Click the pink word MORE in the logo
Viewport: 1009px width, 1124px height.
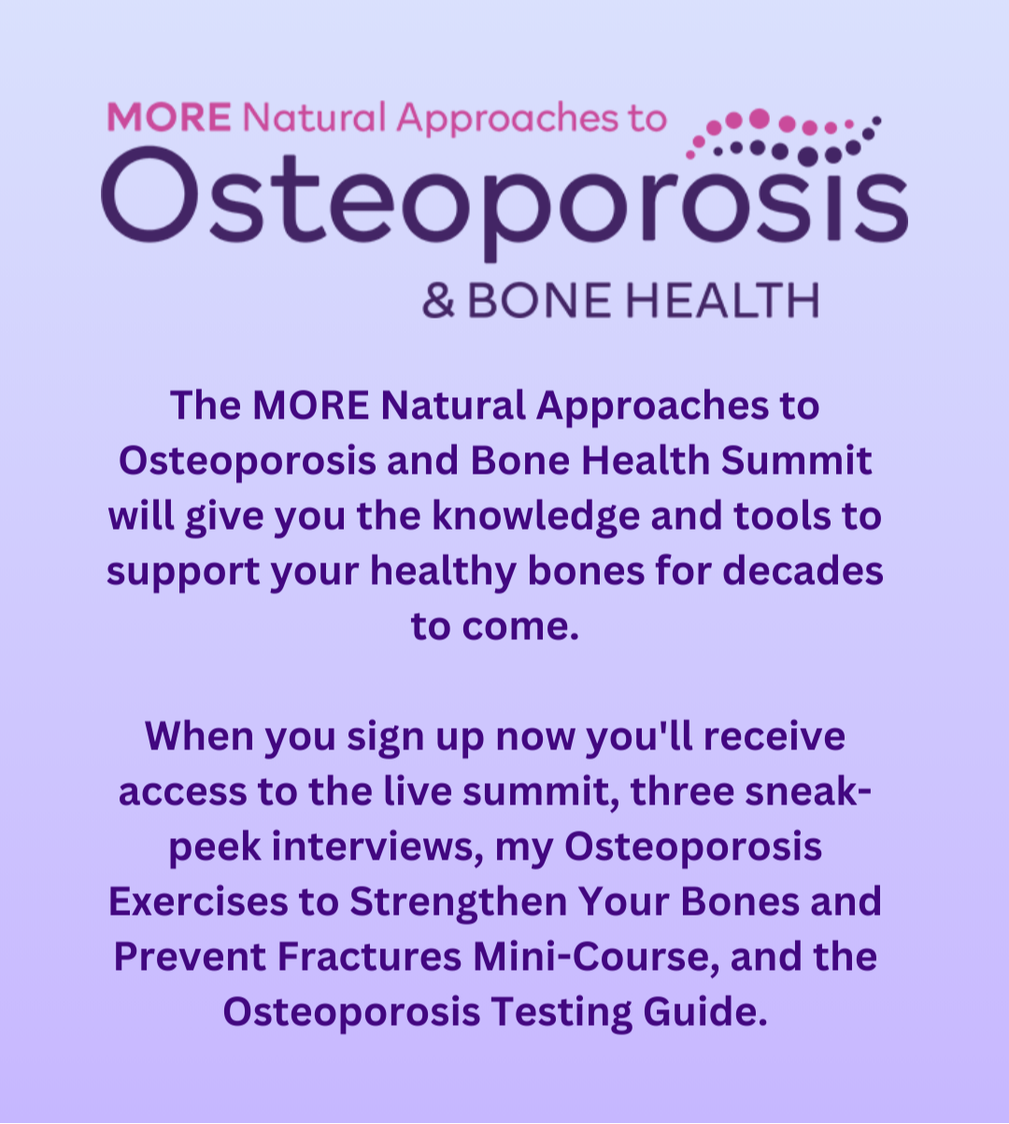pyautogui.click(x=169, y=117)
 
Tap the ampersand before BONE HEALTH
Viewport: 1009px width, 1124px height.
pyautogui.click(x=438, y=300)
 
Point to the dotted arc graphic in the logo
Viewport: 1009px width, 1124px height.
pyautogui.click(x=783, y=137)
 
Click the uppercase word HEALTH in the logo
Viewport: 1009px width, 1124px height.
pyautogui.click(x=722, y=300)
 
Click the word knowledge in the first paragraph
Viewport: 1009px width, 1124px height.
pyautogui.click(x=536, y=517)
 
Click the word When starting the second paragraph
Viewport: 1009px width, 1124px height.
pyautogui.click(x=199, y=735)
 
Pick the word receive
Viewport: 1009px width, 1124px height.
pyautogui.click(x=775, y=736)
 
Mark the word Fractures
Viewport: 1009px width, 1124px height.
pyautogui.click(x=369, y=957)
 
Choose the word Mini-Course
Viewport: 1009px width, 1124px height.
pyautogui.click(x=596, y=958)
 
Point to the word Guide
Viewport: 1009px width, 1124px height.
pyautogui.click(x=705, y=1013)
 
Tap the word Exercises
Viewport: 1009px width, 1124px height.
pyautogui.click(x=199, y=902)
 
